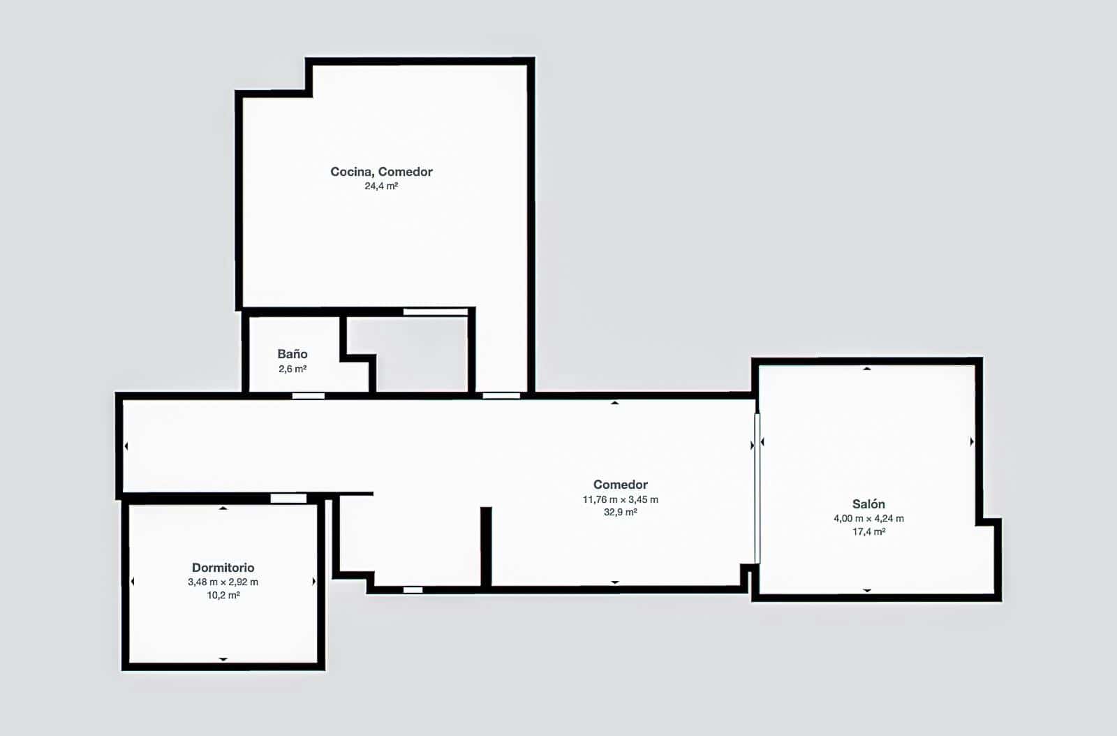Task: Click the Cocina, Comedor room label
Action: pos(381,172)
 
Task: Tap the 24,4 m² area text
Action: pos(381,186)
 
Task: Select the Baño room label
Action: pos(293,354)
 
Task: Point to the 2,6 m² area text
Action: pos(293,369)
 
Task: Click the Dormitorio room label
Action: pos(223,568)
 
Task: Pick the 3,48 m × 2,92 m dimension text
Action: pos(223,582)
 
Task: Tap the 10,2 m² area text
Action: pos(223,595)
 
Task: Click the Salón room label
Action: pos(868,503)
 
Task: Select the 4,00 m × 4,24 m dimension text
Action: pos(868,519)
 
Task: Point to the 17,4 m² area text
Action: pos(868,531)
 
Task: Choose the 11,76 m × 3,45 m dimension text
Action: pos(621,499)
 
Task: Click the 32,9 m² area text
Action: pos(621,512)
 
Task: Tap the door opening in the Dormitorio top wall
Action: pos(289,498)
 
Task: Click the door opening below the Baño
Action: pos(308,396)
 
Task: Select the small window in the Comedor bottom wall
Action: pos(413,590)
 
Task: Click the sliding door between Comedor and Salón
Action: pos(757,488)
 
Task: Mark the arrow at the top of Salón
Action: pos(867,369)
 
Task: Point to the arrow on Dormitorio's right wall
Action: pos(314,582)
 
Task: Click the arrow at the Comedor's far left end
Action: pos(126,446)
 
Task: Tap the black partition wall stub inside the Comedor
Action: pos(486,547)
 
